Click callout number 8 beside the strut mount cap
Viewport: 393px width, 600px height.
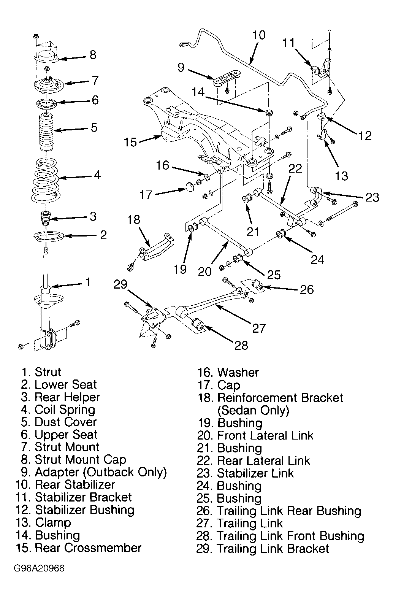pos(93,55)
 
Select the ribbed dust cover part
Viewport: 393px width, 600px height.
pos(46,133)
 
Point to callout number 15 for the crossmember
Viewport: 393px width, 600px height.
pos(130,142)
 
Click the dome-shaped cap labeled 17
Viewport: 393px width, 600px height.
pos(190,186)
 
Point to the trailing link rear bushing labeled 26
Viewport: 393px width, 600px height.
pos(258,286)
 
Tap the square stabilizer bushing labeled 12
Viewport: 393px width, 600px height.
pos(321,117)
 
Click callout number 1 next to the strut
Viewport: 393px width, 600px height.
pos(88,282)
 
